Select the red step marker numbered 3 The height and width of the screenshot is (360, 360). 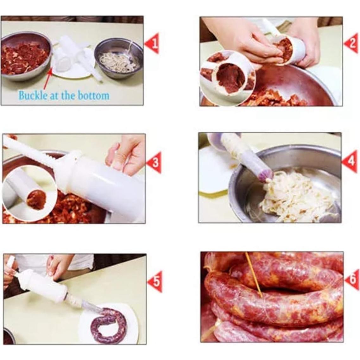point(154,162)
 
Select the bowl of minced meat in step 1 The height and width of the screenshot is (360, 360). point(25,56)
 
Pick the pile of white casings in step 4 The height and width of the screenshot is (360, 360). point(294,195)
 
